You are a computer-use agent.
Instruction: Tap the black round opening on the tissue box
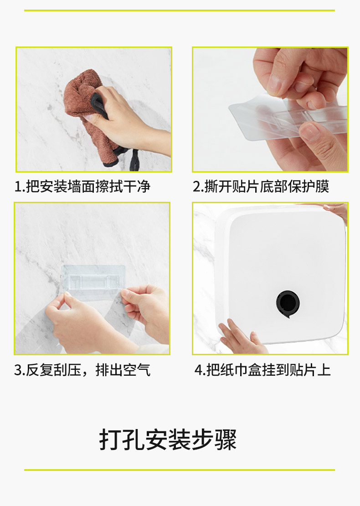coord(288,304)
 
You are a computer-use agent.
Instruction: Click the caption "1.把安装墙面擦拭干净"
coord(82,187)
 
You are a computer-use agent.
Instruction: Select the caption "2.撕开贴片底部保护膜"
coord(261,187)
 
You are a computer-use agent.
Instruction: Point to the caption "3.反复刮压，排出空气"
coord(82,370)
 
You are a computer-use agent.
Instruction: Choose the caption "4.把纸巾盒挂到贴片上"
coord(262,370)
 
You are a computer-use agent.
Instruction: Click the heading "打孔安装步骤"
coord(168,440)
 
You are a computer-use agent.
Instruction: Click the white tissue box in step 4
coord(281,274)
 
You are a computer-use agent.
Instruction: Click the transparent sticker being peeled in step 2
coord(288,117)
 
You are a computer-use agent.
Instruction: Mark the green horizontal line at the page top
coord(180,10)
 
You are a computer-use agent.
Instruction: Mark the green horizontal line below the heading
coord(180,470)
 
